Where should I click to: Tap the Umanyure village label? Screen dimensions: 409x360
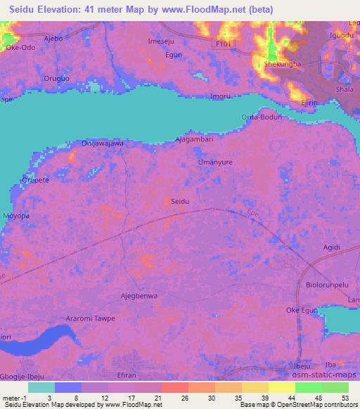[x=214, y=162]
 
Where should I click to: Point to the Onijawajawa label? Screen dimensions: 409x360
[x=103, y=143]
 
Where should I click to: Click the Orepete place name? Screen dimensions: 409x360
[x=34, y=179]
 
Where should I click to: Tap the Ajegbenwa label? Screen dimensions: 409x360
[x=139, y=296]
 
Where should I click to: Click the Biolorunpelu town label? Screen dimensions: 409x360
[x=328, y=285]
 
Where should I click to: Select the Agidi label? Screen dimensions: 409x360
[x=330, y=247]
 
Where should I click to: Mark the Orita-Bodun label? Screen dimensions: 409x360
[x=261, y=117]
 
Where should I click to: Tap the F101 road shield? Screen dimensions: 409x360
[x=223, y=43]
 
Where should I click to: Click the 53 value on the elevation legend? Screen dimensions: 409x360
[x=345, y=398]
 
